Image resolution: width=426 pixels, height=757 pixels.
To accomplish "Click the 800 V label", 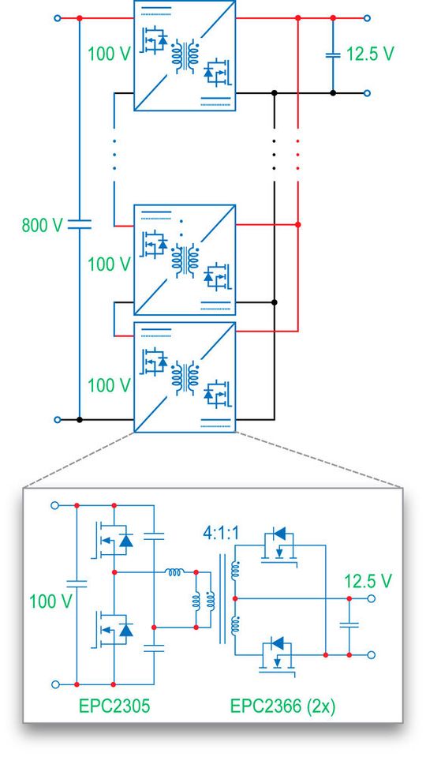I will (x=41, y=224).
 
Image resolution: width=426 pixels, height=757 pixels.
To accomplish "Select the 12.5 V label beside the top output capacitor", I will (x=370, y=55).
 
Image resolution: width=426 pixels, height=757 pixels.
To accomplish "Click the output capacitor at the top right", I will (x=332, y=54).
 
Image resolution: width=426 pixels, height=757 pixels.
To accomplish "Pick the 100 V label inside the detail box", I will (x=50, y=601).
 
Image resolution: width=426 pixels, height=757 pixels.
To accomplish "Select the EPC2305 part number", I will (x=111, y=705).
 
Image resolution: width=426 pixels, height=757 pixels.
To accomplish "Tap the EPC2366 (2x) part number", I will (x=282, y=705).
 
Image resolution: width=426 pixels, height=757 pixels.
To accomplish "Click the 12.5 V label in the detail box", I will (x=368, y=582).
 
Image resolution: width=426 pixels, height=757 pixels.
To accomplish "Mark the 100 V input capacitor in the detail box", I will (x=77, y=585).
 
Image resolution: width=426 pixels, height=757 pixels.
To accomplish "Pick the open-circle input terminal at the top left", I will (x=57, y=17).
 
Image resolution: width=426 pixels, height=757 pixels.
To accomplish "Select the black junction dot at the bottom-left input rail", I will (x=80, y=420).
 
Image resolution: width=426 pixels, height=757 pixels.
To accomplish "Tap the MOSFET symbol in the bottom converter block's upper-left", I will (x=153, y=362).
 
